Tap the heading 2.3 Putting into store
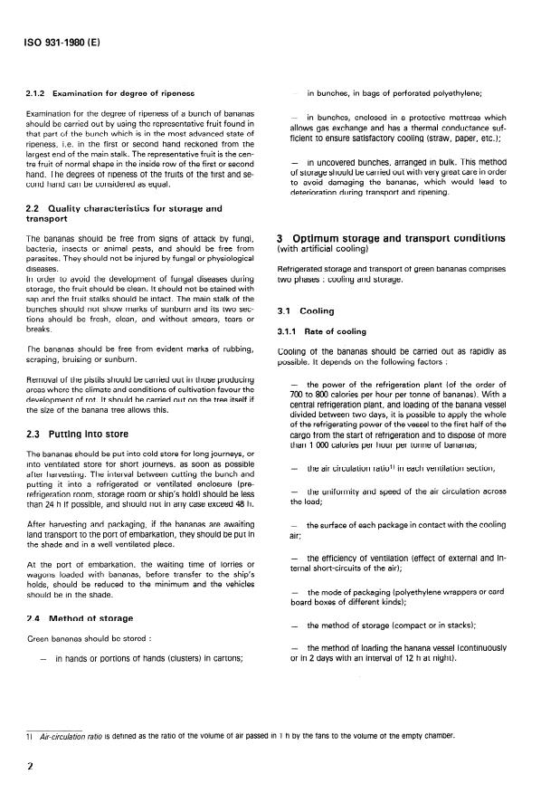pos(64,432)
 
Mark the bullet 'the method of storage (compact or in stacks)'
pos(404,626)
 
